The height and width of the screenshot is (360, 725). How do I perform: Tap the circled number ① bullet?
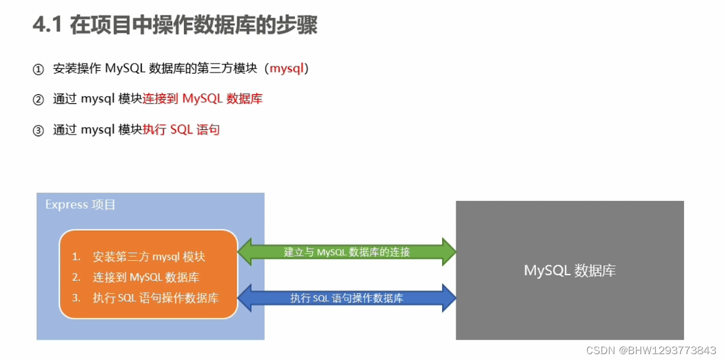pos(38,70)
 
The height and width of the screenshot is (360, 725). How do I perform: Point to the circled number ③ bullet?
pos(38,131)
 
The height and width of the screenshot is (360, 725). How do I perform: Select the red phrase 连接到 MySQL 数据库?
pos(203,99)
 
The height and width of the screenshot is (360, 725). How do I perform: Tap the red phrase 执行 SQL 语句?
pos(181,129)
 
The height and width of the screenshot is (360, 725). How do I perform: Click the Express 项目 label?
pos(80,205)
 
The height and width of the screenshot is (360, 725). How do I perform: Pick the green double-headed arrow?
pos(347,252)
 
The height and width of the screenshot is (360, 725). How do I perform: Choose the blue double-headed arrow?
pos(347,298)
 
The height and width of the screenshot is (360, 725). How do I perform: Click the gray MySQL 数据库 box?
pos(569,270)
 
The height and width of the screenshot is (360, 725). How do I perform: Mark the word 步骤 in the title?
pos(298,26)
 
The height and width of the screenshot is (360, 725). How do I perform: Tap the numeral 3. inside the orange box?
pos(76,298)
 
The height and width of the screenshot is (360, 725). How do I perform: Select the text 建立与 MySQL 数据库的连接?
pos(347,252)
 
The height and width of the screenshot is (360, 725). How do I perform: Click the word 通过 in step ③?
pos(65,129)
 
